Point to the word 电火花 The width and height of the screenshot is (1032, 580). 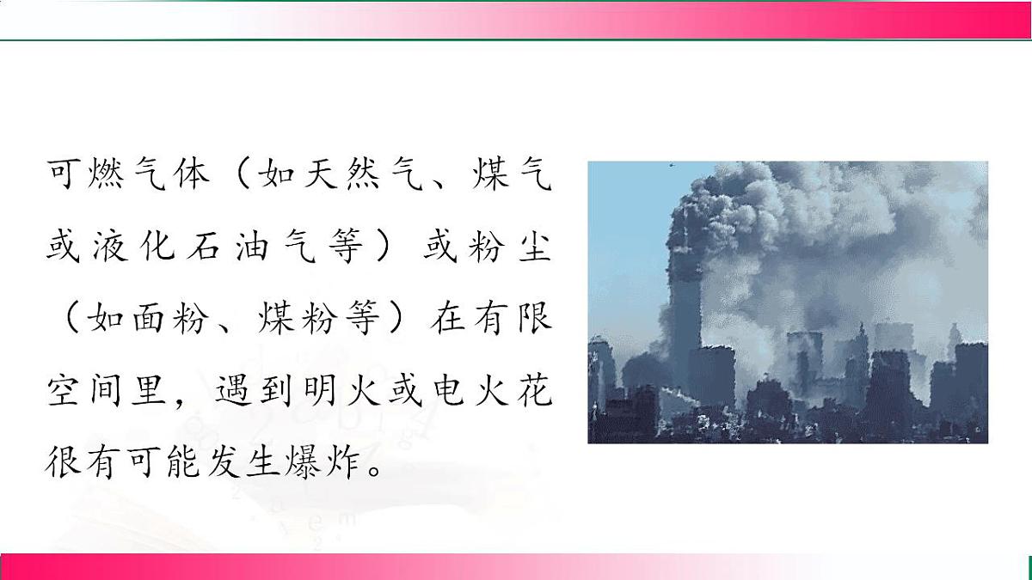coord(490,394)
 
